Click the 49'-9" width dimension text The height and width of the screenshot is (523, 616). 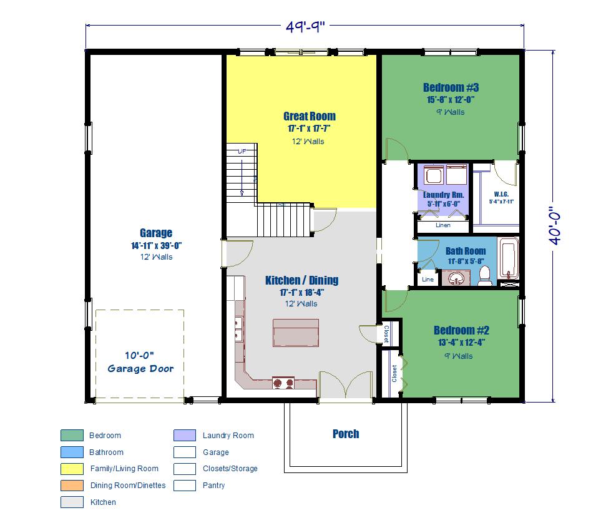click(305, 27)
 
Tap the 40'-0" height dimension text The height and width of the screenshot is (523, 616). click(555, 226)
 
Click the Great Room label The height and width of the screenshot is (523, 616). click(310, 116)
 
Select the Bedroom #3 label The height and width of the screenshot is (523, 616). click(451, 87)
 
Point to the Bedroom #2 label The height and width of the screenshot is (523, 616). click(461, 330)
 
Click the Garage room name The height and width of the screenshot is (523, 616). click(156, 233)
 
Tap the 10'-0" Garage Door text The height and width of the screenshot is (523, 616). click(140, 362)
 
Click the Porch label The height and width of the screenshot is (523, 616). click(346, 434)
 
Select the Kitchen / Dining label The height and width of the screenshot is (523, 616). click(301, 280)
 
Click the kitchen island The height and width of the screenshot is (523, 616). click(296, 333)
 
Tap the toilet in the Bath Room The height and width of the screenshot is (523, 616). click(485, 275)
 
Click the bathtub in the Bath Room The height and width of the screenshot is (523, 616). click(509, 258)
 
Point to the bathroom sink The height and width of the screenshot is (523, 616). click(456, 278)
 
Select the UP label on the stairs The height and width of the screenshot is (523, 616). click(242, 151)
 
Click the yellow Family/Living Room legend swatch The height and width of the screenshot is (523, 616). click(72, 469)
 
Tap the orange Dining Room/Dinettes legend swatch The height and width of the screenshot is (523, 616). click(72, 486)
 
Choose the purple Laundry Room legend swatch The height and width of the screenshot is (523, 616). click(185, 436)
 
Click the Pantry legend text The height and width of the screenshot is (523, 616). click(213, 486)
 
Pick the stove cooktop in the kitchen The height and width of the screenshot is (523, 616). click(283, 383)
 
